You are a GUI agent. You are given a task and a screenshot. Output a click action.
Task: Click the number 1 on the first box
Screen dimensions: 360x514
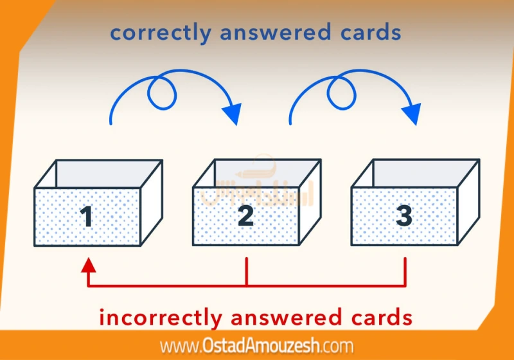(87, 217)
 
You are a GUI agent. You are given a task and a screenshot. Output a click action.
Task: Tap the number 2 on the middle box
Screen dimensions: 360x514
(245, 216)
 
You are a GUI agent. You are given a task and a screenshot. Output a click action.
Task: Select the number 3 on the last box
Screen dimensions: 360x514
(403, 216)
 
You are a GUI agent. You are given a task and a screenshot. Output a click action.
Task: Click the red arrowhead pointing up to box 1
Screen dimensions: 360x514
(89, 265)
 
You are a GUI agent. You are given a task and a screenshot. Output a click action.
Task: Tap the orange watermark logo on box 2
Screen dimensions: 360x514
(247, 186)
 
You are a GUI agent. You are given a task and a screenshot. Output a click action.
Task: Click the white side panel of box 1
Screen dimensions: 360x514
(152, 203)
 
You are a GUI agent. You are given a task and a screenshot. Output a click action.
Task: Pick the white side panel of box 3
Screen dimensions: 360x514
(468, 203)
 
